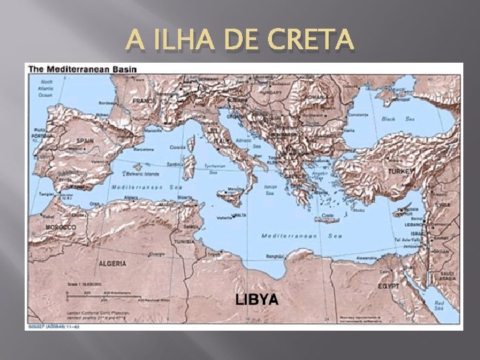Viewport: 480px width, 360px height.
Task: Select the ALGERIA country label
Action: coord(111,263)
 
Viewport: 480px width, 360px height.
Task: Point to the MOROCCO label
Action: coord(60,227)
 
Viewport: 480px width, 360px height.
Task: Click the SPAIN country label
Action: coord(85,141)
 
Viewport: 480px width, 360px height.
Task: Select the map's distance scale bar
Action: coord(100,294)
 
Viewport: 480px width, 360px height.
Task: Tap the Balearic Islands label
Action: coord(145,174)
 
